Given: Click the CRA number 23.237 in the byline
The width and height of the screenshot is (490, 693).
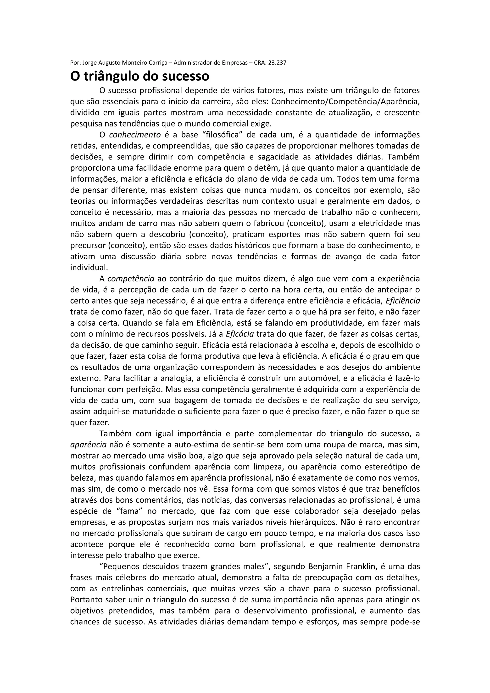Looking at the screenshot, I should [x=277, y=63].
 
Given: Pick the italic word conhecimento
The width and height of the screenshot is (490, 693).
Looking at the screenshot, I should [x=135, y=135].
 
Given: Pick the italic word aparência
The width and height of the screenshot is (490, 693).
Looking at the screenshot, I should [x=89, y=445].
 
